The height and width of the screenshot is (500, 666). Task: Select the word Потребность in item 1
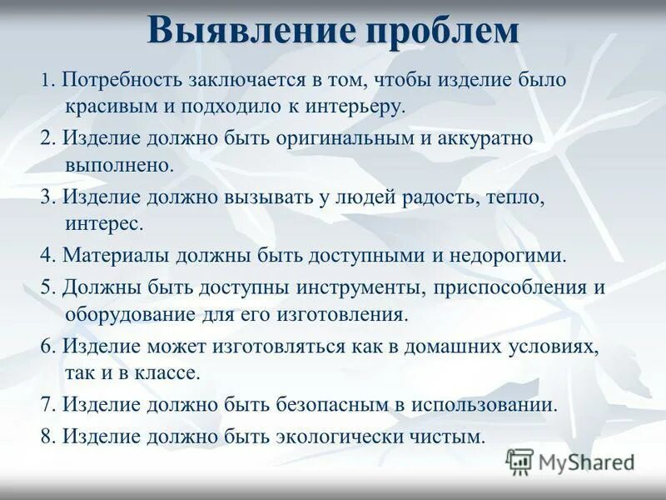[x=119, y=82]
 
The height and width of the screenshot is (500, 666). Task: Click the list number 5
[x=46, y=287]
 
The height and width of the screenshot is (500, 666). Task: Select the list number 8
[x=46, y=435]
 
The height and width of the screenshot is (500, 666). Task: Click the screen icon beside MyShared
[x=520, y=461]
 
